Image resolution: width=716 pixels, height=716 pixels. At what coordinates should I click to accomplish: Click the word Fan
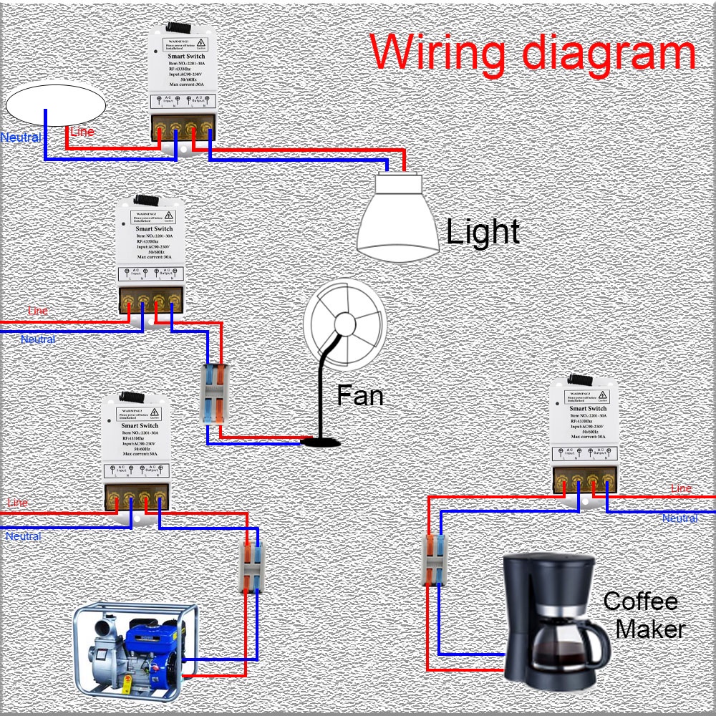(359, 395)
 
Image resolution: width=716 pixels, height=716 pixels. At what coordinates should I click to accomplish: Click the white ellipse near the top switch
(56, 105)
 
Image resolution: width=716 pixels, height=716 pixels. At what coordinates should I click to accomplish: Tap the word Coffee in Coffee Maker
(640, 601)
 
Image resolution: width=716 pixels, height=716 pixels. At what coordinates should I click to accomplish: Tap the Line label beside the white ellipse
(82, 132)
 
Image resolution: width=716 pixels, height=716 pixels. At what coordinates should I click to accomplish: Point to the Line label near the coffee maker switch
(681, 488)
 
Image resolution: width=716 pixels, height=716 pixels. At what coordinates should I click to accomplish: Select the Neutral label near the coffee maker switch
(679, 518)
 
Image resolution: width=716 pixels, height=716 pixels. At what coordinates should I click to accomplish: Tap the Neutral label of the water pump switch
(24, 536)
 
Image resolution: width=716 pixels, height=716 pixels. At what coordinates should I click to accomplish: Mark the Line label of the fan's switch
(38, 311)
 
